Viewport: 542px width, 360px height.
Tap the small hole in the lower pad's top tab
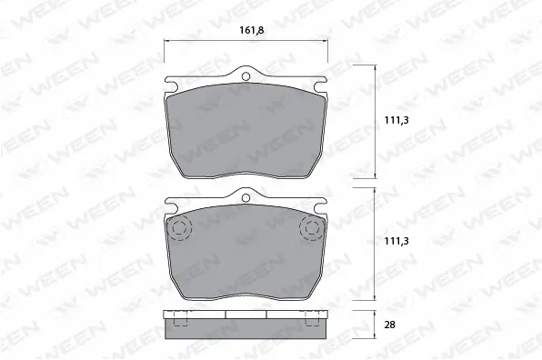click(x=246, y=196)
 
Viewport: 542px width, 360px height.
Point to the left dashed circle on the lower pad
click(x=178, y=227)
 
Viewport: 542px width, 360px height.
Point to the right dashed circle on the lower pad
click(x=312, y=227)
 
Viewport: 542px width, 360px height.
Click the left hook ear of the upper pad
click(x=170, y=84)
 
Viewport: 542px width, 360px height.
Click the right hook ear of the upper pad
click(x=321, y=84)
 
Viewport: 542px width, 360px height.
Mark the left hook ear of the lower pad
click(x=170, y=205)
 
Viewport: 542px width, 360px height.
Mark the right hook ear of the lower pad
click(x=321, y=205)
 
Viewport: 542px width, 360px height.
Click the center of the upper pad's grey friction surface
click(x=246, y=129)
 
